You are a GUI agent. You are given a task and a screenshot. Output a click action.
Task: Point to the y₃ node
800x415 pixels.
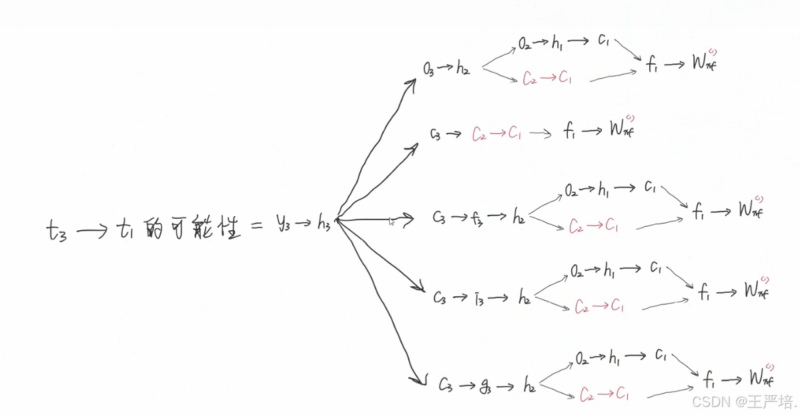(x=283, y=224)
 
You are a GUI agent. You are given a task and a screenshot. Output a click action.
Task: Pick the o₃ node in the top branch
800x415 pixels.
(x=428, y=69)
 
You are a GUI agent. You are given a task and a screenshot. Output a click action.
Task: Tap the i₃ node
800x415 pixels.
(x=480, y=297)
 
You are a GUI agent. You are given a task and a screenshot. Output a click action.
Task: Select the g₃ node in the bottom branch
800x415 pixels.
(x=486, y=385)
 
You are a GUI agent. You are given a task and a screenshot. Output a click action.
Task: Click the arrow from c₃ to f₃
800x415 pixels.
(x=460, y=218)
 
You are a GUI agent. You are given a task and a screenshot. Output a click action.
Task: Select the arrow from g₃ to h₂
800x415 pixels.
(x=508, y=386)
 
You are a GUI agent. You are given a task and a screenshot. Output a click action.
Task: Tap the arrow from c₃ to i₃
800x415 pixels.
(x=460, y=298)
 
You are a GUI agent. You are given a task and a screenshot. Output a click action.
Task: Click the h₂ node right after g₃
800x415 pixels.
(x=530, y=385)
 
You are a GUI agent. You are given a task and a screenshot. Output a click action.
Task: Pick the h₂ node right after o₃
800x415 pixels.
(x=464, y=67)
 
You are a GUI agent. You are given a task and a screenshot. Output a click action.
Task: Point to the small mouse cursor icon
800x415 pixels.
(x=392, y=221)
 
